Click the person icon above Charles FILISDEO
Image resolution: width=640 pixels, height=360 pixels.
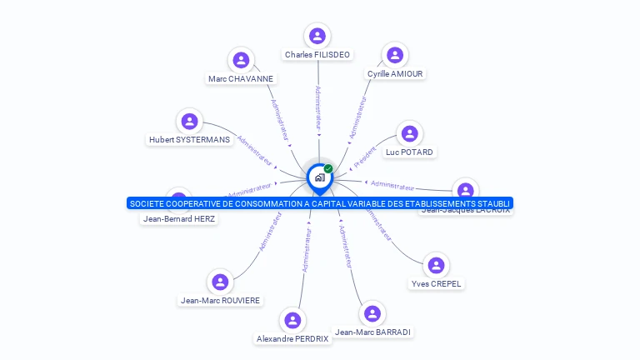point(317,36)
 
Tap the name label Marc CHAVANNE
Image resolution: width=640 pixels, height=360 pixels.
point(241,79)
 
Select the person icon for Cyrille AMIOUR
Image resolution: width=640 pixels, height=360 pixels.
point(395,55)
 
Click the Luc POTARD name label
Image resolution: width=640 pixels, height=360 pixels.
point(409,152)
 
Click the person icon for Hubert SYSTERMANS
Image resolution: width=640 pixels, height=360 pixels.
point(190,121)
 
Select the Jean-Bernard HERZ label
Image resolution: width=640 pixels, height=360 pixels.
point(179,219)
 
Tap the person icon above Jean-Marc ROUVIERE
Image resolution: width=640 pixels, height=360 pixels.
point(220,282)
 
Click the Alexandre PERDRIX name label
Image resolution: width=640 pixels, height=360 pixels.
point(292,339)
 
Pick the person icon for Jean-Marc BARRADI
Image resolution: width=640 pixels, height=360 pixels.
point(372,313)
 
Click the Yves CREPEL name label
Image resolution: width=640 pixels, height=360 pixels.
point(436,284)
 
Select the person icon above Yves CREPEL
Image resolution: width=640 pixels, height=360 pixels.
point(436,266)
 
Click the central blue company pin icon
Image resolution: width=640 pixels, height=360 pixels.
point(319,177)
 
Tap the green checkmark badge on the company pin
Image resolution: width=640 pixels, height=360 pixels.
point(328,168)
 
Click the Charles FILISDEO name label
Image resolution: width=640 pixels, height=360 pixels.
point(317,55)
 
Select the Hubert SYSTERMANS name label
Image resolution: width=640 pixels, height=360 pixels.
point(189,140)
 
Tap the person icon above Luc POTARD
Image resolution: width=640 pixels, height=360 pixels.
point(409,133)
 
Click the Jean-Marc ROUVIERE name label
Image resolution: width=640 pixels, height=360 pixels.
point(220,301)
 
